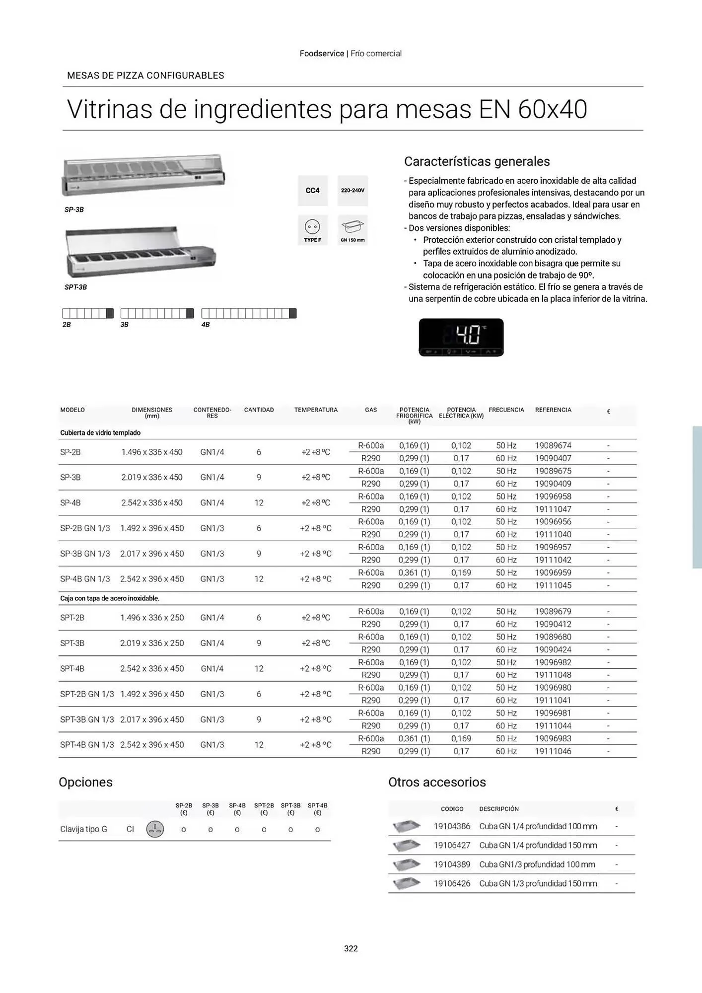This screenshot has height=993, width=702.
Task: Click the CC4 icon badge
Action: (313, 191)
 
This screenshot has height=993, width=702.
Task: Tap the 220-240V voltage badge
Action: (352, 191)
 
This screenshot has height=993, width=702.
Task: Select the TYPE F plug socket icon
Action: (313, 229)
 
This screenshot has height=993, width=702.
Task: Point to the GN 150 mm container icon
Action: (352, 229)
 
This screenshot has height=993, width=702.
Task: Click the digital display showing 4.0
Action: (461, 337)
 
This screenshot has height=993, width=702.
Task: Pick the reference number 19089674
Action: (553, 446)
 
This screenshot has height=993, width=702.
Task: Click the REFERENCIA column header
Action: (553, 410)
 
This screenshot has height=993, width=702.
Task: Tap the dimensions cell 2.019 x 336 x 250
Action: (152, 643)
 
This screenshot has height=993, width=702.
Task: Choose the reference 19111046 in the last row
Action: (553, 751)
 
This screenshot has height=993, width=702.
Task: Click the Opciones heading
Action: (85, 782)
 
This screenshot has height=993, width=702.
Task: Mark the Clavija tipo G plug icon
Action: (155, 829)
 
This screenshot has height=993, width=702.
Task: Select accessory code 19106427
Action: (452, 846)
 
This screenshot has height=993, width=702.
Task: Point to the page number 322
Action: (351, 948)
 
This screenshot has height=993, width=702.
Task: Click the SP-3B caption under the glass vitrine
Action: (74, 210)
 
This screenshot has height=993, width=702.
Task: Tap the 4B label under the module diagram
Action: (206, 325)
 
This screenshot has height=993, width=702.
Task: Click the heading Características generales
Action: (477, 162)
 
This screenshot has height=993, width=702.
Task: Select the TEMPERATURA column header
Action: (316, 410)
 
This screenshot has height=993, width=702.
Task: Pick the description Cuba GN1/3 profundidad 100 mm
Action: (537, 864)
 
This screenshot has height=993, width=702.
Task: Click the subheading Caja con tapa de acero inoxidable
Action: (110, 598)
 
